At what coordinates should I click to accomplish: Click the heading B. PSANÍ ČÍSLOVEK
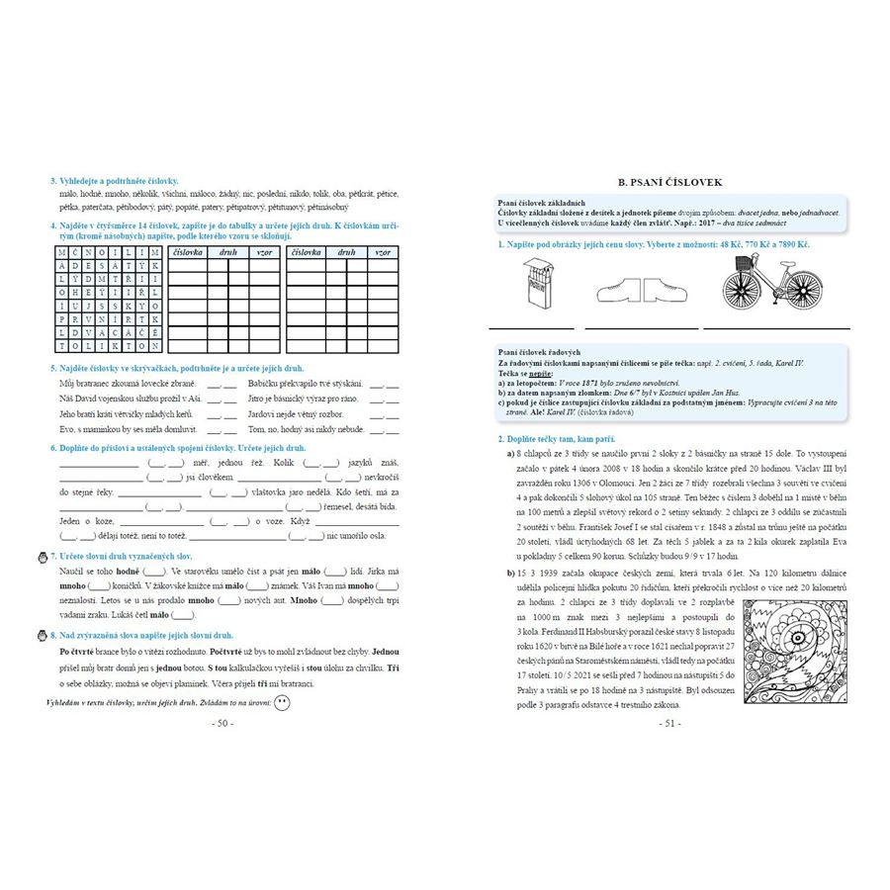(669, 183)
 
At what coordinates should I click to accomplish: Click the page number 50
(222, 723)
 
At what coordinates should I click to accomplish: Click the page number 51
(669, 723)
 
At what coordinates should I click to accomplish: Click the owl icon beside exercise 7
(41, 556)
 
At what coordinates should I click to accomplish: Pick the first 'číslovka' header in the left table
(187, 253)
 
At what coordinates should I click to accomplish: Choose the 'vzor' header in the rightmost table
(383, 253)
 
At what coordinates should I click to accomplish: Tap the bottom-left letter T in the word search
(63, 346)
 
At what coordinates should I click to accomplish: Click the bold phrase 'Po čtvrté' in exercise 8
(77, 653)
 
